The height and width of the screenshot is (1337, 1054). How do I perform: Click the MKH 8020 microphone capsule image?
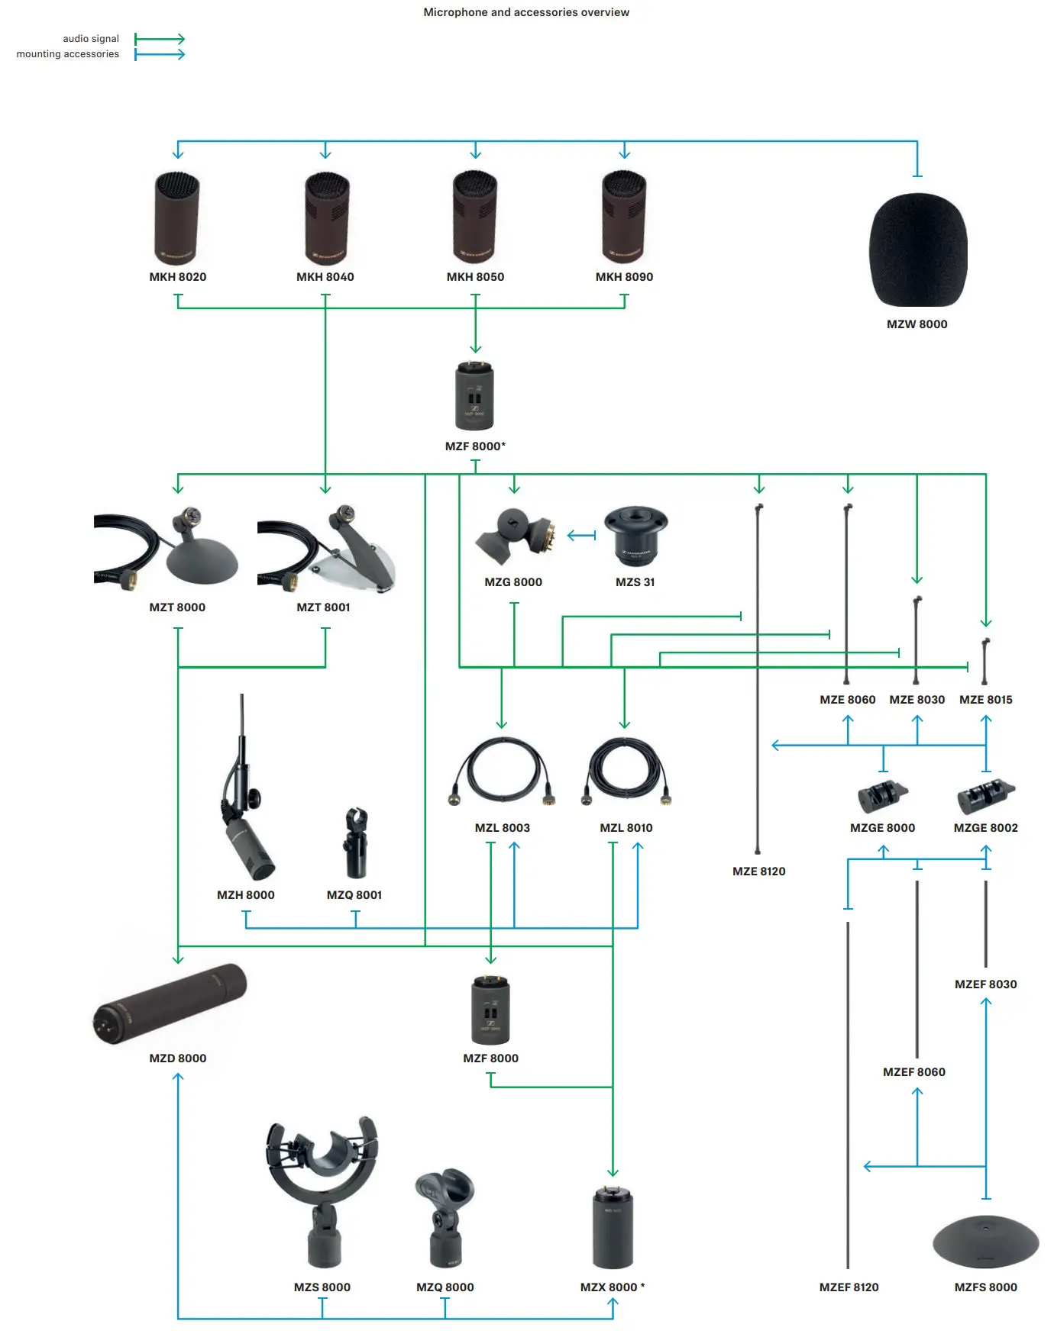point(177,218)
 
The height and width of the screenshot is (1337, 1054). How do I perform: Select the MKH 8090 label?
point(624,277)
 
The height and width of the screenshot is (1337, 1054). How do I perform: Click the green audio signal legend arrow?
point(160,39)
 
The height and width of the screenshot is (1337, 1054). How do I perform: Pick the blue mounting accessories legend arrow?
point(160,54)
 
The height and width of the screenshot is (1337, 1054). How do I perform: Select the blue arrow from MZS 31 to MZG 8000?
point(581,536)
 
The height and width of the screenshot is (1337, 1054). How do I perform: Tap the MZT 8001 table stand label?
point(323,607)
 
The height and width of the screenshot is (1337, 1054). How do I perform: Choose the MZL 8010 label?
point(626,828)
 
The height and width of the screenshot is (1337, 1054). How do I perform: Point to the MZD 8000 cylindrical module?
point(170,1004)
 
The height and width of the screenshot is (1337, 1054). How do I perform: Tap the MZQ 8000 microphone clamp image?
point(445,1217)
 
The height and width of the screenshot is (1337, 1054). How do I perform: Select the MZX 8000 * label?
point(612,1287)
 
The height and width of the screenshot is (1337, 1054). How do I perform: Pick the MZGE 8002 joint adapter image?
point(985,797)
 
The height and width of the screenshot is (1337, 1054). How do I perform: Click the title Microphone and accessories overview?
point(526,12)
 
